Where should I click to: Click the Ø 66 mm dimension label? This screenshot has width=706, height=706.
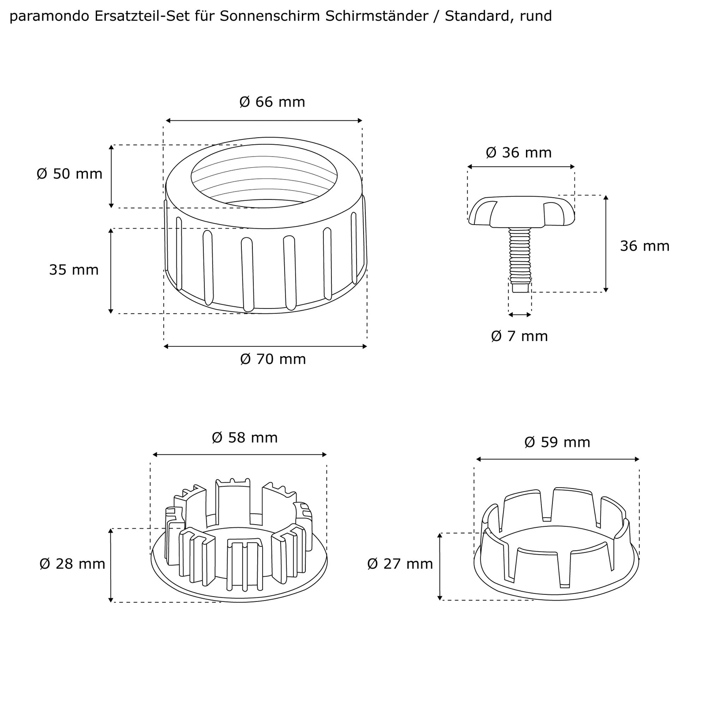tap(272, 102)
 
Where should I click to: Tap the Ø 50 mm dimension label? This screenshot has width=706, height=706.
tap(69, 174)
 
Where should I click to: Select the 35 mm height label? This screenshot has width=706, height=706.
tap(74, 270)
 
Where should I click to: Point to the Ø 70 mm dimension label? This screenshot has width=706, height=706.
tap(273, 359)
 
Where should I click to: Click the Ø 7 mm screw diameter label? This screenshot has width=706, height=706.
tap(519, 336)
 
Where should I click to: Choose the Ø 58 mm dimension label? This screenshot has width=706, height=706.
tap(244, 438)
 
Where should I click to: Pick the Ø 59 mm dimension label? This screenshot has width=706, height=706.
tap(557, 442)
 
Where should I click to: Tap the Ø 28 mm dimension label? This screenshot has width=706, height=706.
tap(72, 564)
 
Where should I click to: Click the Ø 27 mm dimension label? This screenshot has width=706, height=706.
tap(400, 564)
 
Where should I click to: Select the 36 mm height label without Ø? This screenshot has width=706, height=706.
tap(644, 246)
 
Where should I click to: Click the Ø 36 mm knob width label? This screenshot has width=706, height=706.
tap(518, 153)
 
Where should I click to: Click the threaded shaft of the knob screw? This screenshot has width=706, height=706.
tap(519, 256)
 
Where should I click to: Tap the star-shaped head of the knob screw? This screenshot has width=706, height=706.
tap(521, 212)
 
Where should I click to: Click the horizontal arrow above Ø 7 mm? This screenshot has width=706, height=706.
tap(520, 315)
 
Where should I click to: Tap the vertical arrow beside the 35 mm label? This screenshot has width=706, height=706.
tap(111, 270)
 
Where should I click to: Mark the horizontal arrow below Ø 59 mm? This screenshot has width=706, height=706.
tap(557, 459)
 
